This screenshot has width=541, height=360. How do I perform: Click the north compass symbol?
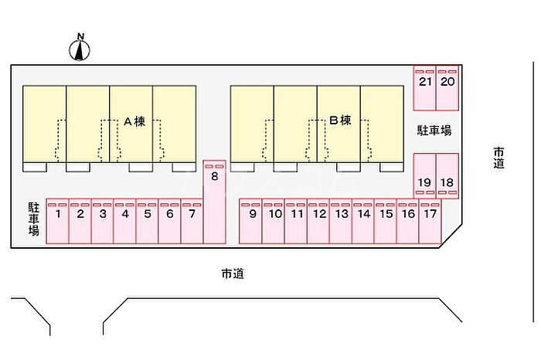[x=80, y=48]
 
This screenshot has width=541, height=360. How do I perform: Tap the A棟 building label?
[x=134, y=121]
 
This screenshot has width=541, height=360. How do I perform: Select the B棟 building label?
[x=341, y=121]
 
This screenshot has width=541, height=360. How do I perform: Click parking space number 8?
[x=215, y=202]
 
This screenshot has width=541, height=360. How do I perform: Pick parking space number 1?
[x=58, y=221]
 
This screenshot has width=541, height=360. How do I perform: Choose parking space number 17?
[x=430, y=221]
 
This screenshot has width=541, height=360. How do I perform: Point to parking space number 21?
[x=425, y=88]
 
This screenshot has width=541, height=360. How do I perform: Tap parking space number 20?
[x=447, y=88]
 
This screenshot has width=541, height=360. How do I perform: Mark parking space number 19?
[x=425, y=176]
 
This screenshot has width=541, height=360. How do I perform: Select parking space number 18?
[x=447, y=176]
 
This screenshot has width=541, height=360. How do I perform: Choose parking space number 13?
[x=341, y=221]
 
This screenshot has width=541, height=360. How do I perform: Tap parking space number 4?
[x=125, y=221]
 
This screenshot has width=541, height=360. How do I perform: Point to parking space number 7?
[x=192, y=221]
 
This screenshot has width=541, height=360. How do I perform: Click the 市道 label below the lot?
[x=233, y=273]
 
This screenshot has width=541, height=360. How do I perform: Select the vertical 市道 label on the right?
[x=498, y=158]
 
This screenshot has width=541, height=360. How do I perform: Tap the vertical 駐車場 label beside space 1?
[x=34, y=219]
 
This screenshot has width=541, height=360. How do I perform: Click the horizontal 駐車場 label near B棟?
[x=434, y=131]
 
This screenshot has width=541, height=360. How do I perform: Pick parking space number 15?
[x=386, y=221]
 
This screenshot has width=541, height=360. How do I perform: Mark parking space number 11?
[x=296, y=221]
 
